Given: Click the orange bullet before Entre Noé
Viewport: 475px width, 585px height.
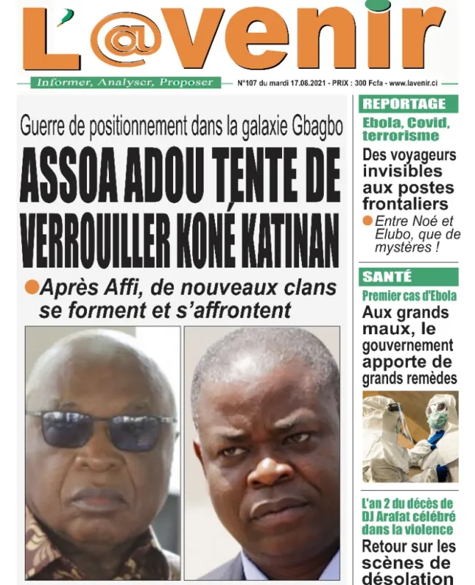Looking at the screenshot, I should coord(368,221).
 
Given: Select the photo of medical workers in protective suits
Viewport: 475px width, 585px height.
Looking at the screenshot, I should coord(410,437).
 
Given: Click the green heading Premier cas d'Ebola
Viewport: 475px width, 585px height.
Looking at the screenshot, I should coord(409,296).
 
